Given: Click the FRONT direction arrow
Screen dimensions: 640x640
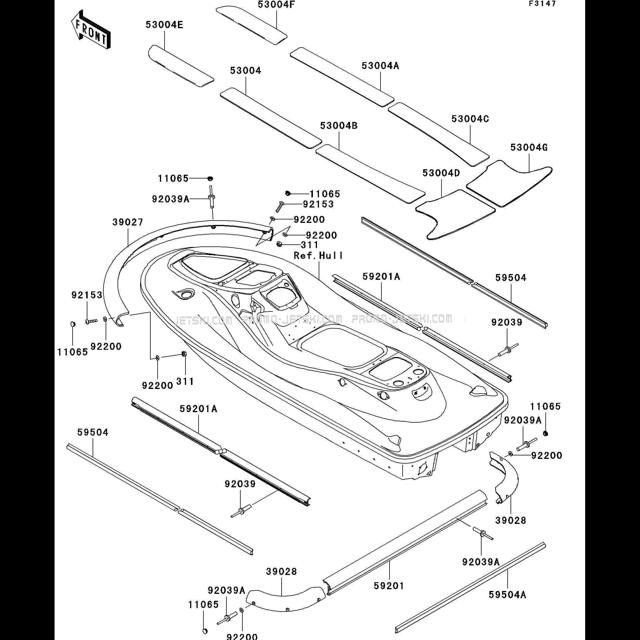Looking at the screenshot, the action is [x=91, y=30].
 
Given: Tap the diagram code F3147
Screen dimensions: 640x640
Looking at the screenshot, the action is [x=542, y=4].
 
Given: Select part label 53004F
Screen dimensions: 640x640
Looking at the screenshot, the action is [x=276, y=5].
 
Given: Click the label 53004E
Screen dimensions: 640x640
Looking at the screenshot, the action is [x=164, y=25].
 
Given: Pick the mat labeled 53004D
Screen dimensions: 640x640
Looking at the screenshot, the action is [x=455, y=214].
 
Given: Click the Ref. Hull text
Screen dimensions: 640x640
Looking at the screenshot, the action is [x=318, y=255].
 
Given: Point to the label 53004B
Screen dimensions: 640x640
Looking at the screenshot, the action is [x=339, y=126].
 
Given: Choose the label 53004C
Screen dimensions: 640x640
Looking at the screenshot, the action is [x=470, y=119].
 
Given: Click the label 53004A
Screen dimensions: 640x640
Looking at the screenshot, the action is [x=380, y=66].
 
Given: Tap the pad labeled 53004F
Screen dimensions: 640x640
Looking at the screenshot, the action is [x=251, y=25].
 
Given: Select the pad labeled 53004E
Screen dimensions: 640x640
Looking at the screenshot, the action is [x=181, y=66].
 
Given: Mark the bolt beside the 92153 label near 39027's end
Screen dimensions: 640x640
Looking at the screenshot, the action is [x=91, y=321].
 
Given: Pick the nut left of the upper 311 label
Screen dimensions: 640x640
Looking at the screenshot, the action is [x=279, y=244].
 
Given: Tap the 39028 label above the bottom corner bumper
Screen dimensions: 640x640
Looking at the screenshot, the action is [x=281, y=572].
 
